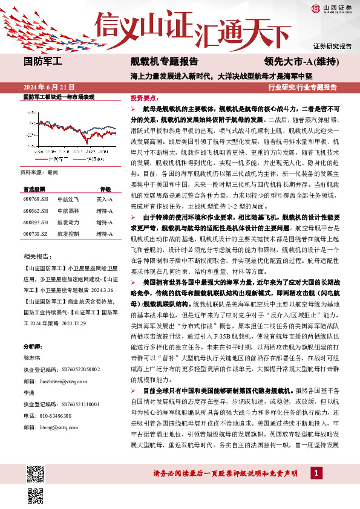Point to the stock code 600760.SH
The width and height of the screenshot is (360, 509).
point(35,199)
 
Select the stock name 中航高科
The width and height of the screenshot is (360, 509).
point(66,212)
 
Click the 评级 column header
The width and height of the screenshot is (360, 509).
point(105,189)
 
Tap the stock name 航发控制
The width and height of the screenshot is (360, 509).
point(66,233)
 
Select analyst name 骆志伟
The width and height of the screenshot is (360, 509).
point(33,357)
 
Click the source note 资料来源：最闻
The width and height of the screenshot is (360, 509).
point(40,172)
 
